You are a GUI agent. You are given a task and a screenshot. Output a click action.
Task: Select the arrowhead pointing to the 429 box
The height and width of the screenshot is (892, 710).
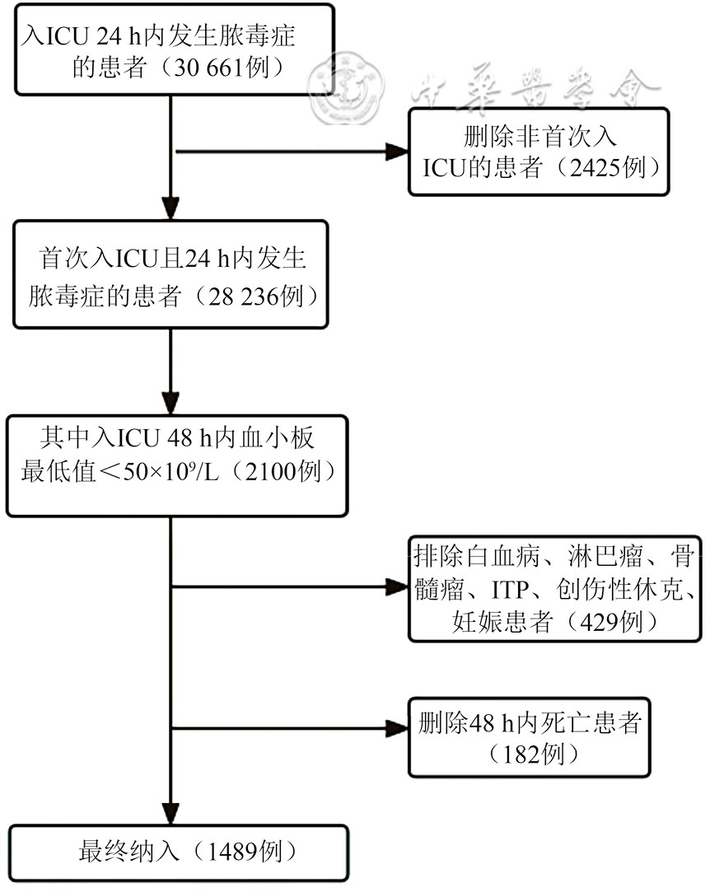point(399,587)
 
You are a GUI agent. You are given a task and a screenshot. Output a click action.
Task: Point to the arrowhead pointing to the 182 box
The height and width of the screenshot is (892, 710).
point(399,728)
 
